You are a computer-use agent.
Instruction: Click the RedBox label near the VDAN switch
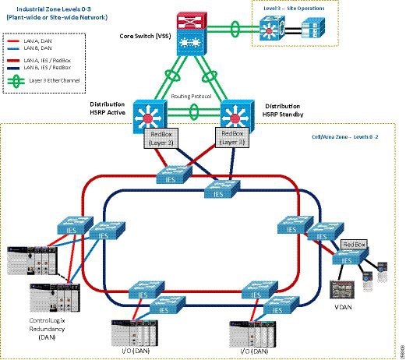click(x=355, y=244)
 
